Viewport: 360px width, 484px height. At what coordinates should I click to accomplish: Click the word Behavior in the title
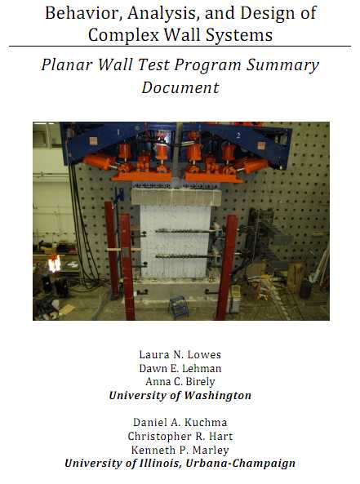(81, 13)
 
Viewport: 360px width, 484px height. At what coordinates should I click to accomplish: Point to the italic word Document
(180, 87)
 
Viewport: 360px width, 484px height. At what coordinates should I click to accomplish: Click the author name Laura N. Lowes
(180, 355)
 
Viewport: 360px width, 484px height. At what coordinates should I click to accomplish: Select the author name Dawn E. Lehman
(180, 368)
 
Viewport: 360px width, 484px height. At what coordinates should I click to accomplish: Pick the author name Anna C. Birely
(180, 382)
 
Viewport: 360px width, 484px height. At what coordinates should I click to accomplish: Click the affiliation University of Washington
(180, 396)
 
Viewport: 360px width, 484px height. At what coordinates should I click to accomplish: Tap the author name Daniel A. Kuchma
(180, 422)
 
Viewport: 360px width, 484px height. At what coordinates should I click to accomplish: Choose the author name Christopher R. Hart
(180, 436)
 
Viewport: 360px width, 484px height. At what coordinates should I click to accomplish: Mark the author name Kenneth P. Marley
(180, 450)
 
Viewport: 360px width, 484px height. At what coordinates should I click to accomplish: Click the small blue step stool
(178, 307)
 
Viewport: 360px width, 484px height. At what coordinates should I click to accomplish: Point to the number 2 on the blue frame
(238, 135)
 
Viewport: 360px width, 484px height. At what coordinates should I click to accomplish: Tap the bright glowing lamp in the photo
(55, 264)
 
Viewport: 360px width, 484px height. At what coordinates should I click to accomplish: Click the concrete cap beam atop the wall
(176, 197)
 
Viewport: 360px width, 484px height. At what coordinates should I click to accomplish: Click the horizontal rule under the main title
(180, 47)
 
